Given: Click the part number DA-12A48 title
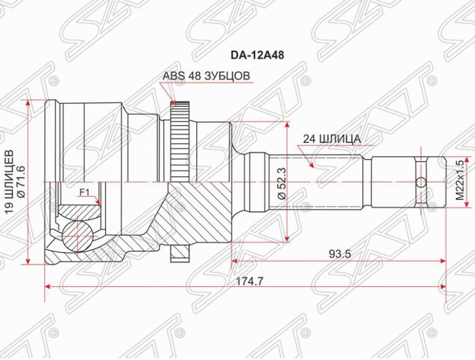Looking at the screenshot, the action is pyautogui.click(x=257, y=55).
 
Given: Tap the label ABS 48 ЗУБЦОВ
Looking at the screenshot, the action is pyautogui.click(x=206, y=76).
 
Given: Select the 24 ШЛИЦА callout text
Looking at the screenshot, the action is pyautogui.click(x=332, y=139).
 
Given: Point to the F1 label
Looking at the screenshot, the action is pyautogui.click(x=84, y=192).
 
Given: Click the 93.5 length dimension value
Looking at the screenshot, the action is pyautogui.click(x=340, y=253).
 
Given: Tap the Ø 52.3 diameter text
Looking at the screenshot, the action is pyautogui.click(x=282, y=183).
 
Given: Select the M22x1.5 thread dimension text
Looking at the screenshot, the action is pyautogui.click(x=460, y=180).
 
